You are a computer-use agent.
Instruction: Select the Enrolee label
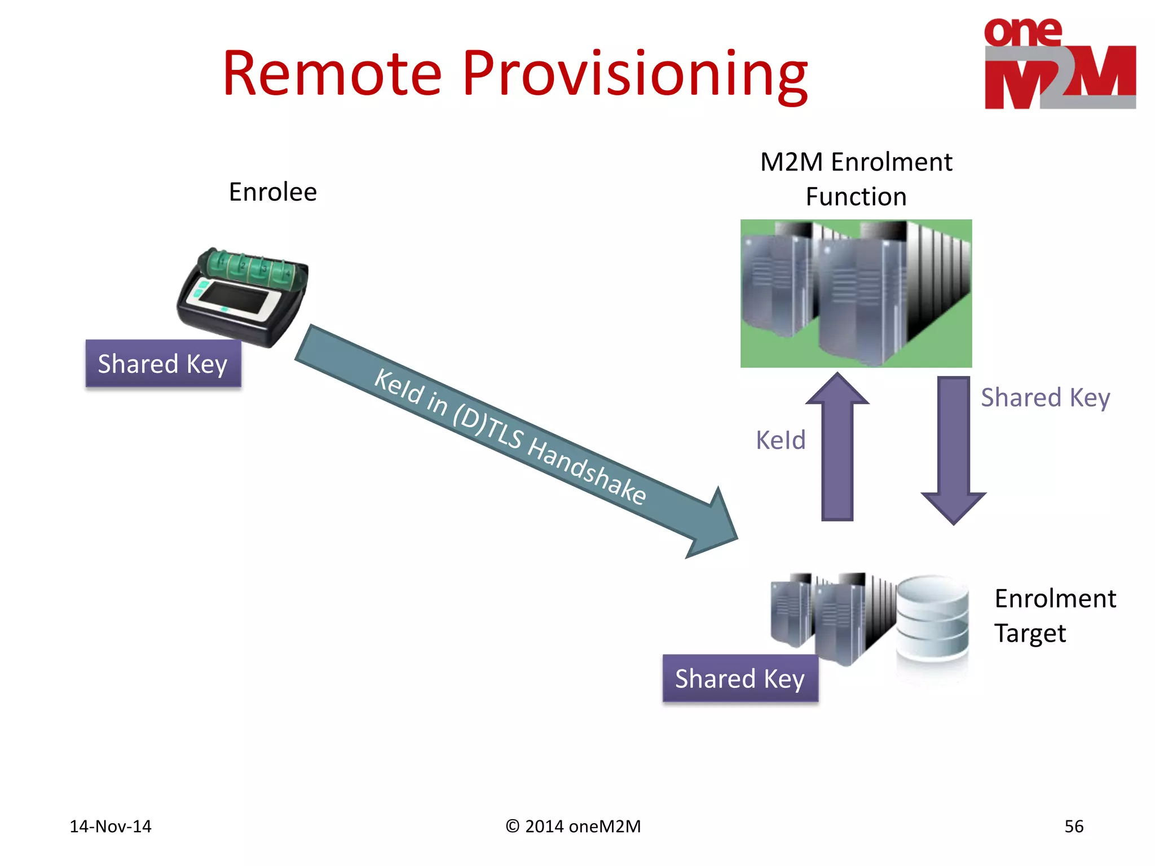[x=272, y=192]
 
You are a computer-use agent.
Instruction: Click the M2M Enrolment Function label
[x=856, y=179]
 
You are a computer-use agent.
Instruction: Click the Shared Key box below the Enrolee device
[x=163, y=364]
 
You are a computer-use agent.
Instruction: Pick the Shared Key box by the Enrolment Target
[x=740, y=678]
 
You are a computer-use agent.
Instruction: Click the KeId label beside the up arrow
[x=780, y=440]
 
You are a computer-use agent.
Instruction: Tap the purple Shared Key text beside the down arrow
[x=1045, y=397]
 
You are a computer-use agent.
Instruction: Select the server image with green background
[x=856, y=293]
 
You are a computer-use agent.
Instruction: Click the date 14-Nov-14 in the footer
[x=111, y=827]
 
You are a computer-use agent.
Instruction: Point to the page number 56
[x=1073, y=827]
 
